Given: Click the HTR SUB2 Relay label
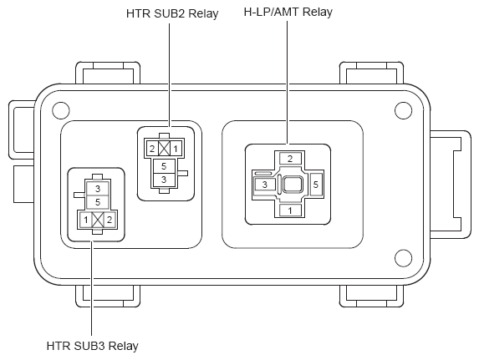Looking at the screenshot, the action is tap(172, 13).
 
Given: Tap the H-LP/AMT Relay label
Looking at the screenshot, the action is tap(288, 12).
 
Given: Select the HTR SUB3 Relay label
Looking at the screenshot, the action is tap(92, 346).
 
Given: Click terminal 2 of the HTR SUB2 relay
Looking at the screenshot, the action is tap(152, 149).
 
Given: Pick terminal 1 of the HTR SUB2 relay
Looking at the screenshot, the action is tap(176, 149).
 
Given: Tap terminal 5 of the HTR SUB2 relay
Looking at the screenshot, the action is tap(164, 166).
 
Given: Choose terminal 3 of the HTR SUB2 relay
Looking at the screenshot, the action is tap(164, 180).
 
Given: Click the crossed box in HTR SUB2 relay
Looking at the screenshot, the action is tap(164, 149).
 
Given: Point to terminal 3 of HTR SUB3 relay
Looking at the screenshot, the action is tap(98, 189).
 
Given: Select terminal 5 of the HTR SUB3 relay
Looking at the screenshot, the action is tap(98, 202).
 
